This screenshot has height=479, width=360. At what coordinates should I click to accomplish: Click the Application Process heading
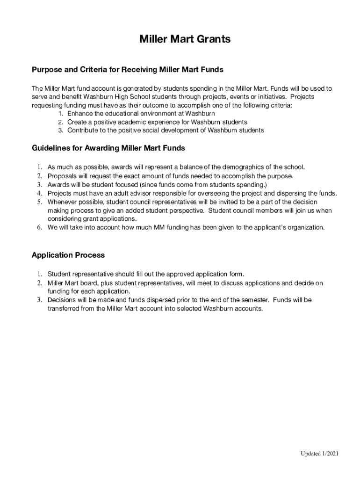[68, 255]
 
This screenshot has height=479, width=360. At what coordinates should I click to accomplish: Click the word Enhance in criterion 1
[80, 114]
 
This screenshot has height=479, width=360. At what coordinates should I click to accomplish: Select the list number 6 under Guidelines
[40, 227]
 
